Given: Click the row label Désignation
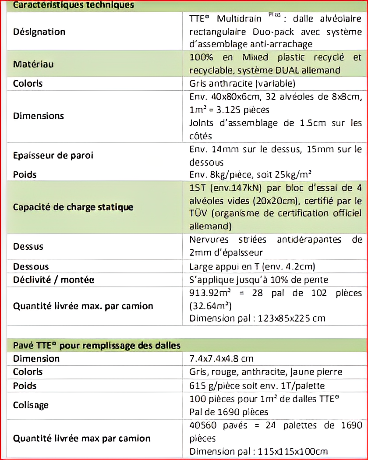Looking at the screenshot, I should click(39, 32).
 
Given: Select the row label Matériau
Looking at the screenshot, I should click(33, 64).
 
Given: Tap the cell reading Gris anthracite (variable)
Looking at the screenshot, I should click(242, 83).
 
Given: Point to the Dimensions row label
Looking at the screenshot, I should click(39, 116).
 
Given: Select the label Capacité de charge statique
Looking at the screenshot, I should click(73, 207).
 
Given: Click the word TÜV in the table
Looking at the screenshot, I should click(198, 213).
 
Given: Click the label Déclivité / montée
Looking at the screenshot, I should click(53, 280).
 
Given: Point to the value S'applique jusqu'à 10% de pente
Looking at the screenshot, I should click(258, 280).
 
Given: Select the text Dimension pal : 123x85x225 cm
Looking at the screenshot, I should click(257, 318).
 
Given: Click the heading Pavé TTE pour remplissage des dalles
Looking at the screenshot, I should click(96, 346).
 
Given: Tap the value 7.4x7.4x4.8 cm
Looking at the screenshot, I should click(221, 359).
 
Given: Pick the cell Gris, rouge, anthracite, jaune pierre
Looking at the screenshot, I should click(265, 372).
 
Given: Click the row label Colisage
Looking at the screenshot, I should click(31, 405).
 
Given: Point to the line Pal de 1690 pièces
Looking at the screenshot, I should click(229, 412).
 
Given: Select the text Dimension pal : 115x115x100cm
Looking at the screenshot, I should click(258, 451).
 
